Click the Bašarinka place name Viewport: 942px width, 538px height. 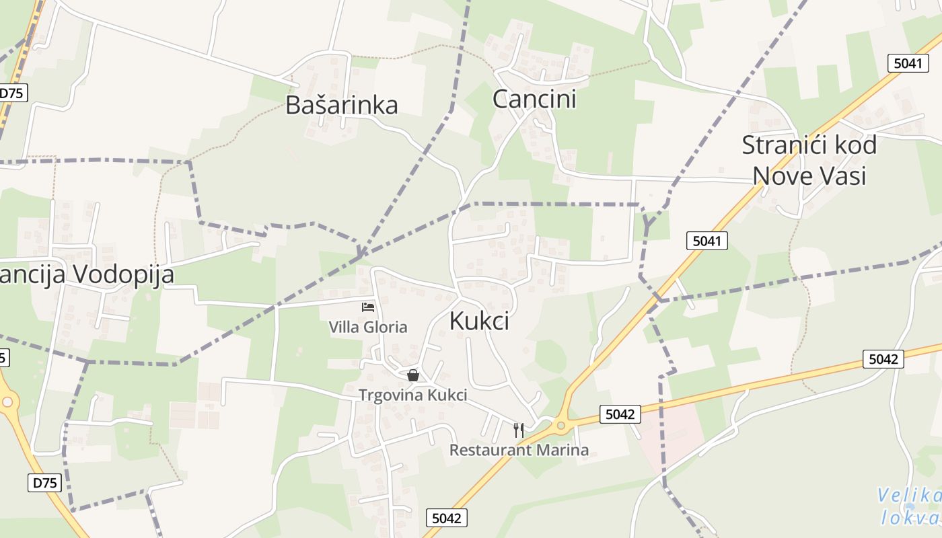pos(342,105)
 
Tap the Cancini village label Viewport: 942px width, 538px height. pos(534,99)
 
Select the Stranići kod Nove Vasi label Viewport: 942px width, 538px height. pos(809,160)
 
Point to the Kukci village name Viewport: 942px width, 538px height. pos(478,321)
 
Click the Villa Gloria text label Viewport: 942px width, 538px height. pos(367,328)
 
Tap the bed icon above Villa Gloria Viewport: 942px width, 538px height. pos(368,307)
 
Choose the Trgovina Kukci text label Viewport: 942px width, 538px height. pos(412,395)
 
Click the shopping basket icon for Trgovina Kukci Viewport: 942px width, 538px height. pos(413,375)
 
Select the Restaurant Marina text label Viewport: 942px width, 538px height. pos(519,450)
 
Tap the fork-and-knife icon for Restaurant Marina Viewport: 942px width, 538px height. pos(519,430)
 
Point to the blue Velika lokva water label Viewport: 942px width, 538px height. pos(910,507)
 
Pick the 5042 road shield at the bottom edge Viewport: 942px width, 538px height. pos(447,518)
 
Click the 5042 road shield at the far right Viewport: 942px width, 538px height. pos(883,359)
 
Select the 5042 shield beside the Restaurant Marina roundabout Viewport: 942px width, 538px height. pos(620,414)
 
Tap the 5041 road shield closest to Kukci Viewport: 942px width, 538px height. pos(707,240)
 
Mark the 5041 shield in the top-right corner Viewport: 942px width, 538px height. pos(908,63)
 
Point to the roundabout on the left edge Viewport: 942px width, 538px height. pos(7,402)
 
